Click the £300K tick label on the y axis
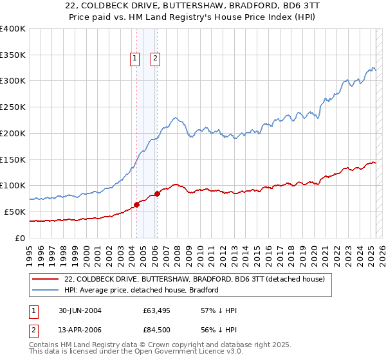pos(13,81)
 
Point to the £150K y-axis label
pos(13,159)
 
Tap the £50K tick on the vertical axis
pos(15,212)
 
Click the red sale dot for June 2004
pos(137,204)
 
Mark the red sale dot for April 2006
pos(157,194)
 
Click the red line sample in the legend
pos(46,279)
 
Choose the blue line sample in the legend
pos(46,290)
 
